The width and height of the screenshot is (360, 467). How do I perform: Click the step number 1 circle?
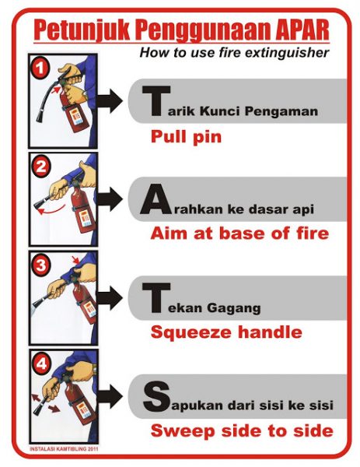[x=40, y=68]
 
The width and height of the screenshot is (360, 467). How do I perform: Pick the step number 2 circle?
[x=40, y=167]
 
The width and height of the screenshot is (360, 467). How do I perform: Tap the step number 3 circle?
[x=40, y=265]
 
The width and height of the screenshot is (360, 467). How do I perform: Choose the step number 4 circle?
[x=41, y=363]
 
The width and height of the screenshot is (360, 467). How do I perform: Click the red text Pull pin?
[x=187, y=137]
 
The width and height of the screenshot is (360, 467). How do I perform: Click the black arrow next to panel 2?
[x=110, y=199]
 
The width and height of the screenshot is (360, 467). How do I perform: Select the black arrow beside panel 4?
[x=110, y=396]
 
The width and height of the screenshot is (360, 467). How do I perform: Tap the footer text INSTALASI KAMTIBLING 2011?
[x=64, y=449]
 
